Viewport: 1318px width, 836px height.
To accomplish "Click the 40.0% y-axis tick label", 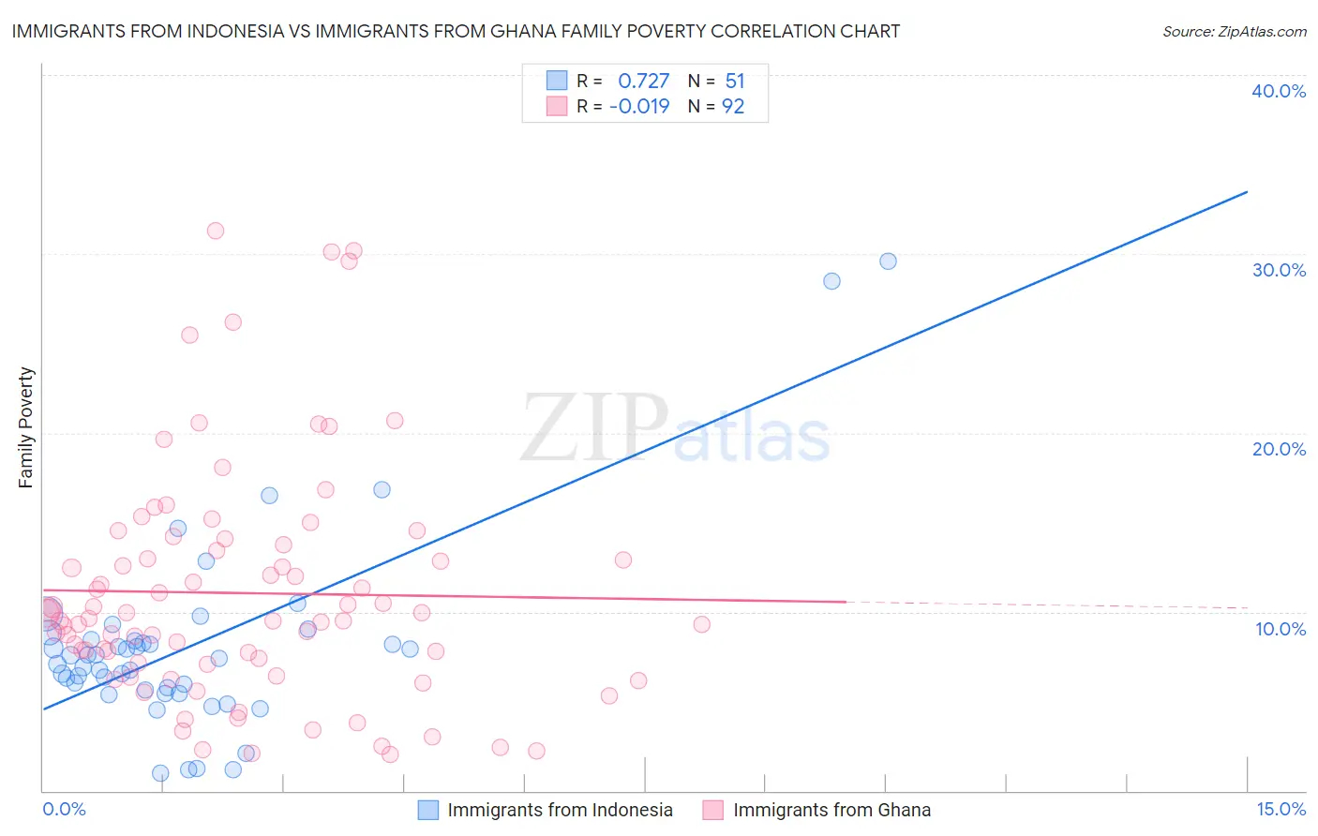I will [x=1279, y=91].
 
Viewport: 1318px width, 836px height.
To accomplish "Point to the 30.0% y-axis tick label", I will [x=1279, y=270].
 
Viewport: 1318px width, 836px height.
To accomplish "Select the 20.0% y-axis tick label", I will [x=1279, y=449].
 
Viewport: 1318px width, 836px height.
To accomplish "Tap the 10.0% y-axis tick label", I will [x=1281, y=629].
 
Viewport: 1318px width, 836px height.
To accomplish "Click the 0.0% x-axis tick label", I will [x=64, y=809].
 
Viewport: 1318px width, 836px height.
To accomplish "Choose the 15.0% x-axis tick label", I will [x=1281, y=809].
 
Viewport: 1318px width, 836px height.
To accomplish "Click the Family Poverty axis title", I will [x=25, y=427].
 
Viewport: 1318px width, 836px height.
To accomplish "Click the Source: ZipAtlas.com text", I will [x=1234, y=32].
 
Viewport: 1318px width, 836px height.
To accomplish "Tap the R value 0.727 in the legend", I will [x=643, y=82].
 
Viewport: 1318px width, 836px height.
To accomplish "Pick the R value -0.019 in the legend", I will [x=639, y=107].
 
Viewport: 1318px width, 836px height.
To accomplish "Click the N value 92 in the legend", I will [x=733, y=107].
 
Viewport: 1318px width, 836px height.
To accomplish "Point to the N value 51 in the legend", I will [x=735, y=82].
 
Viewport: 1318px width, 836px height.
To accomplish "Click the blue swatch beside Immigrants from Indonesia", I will [x=427, y=810].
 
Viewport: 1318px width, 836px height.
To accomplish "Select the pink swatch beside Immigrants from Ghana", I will [x=713, y=810].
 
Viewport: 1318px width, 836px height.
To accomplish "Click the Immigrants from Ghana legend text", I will [x=831, y=810].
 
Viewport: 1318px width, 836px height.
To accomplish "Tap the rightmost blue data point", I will [x=888, y=261].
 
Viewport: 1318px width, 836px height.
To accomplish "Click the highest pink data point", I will [x=216, y=231].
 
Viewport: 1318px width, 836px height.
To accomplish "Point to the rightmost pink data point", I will [x=701, y=624].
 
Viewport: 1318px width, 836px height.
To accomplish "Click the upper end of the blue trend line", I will [x=1247, y=192].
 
